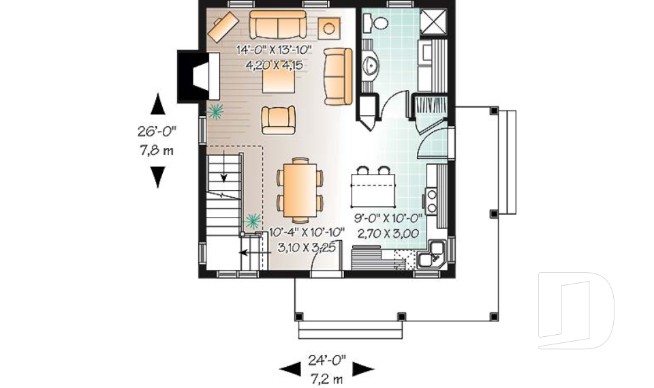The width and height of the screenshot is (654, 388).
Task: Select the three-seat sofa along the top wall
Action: pyautogui.click(x=277, y=25)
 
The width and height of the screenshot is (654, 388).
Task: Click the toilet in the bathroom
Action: pyautogui.click(x=376, y=23)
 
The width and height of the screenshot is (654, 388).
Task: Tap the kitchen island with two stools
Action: pyautogui.click(x=373, y=187)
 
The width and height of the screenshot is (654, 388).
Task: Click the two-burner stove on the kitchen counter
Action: pyautogui.click(x=432, y=198)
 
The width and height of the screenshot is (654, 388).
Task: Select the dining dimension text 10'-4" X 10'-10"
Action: pyautogui.click(x=307, y=233)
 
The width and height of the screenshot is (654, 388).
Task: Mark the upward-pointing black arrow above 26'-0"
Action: pyautogui.click(x=157, y=102)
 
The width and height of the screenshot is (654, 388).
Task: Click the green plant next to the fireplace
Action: pyautogui.click(x=216, y=109)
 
